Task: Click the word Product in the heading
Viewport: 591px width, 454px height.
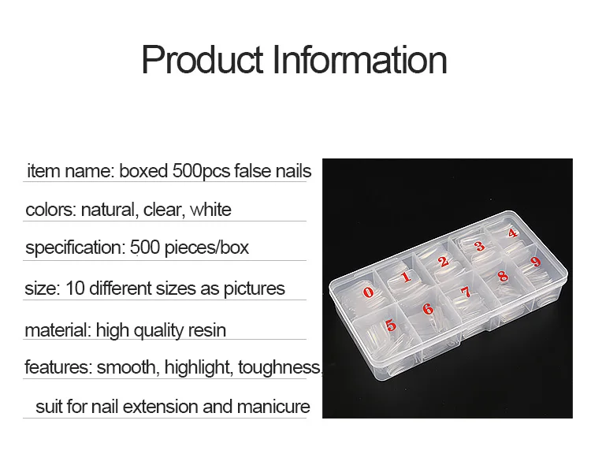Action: [202, 60]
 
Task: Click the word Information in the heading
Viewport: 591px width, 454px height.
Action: [359, 60]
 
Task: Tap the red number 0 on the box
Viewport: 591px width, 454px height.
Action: [368, 292]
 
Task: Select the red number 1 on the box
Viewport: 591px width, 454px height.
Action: [406, 277]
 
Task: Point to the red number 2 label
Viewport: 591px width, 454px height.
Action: [444, 262]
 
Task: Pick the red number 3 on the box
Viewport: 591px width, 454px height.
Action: [479, 246]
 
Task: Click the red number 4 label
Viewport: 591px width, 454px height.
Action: [512, 233]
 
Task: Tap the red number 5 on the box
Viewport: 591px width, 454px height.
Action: [391, 325]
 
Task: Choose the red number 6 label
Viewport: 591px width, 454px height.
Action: [428, 309]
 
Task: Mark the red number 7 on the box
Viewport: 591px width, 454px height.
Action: [466, 292]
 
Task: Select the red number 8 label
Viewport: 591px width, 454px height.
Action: [503, 277]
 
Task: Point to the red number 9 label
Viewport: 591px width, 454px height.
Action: [535, 262]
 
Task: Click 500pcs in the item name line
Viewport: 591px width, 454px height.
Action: [201, 172]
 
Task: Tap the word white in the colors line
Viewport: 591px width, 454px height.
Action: [210, 210]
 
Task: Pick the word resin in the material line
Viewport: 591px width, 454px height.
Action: [207, 330]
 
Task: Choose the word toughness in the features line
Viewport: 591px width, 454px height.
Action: [279, 367]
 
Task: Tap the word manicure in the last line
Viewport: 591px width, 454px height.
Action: [273, 407]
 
